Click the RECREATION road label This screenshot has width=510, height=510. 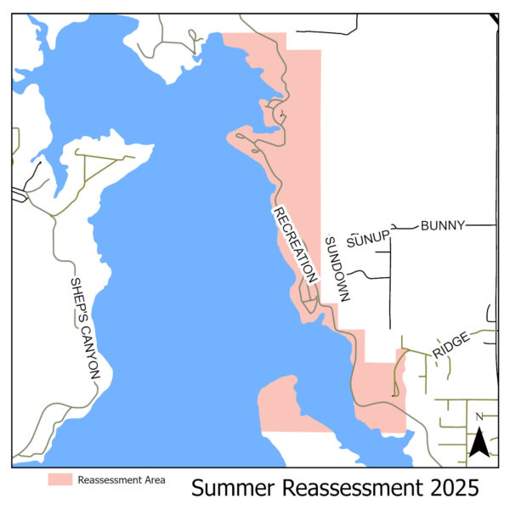click(294, 244)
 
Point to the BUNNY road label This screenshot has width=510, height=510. click(442, 225)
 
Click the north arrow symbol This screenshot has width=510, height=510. click(479, 441)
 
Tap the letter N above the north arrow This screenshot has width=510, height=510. click(479, 416)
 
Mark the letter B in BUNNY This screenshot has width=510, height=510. click(425, 225)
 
